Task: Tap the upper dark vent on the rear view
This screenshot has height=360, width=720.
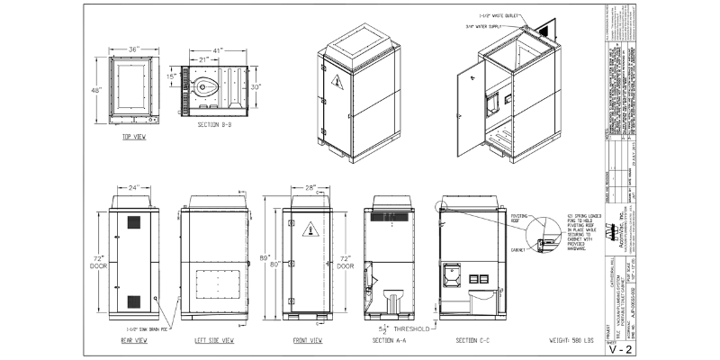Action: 133,221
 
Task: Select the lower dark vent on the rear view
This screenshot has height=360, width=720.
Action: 133,301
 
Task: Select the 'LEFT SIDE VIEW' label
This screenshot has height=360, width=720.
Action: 214,341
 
